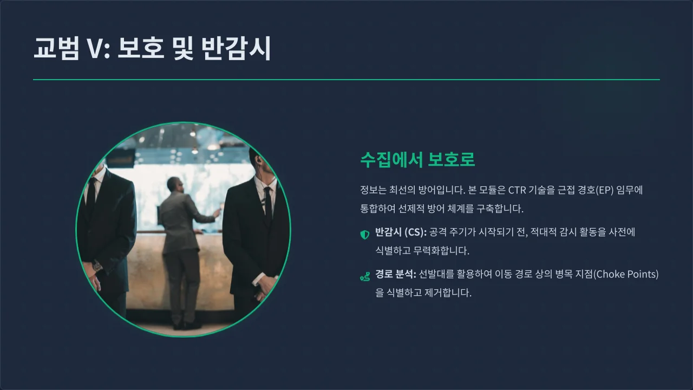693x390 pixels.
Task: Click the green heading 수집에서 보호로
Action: (417, 160)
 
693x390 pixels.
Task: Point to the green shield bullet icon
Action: (365, 235)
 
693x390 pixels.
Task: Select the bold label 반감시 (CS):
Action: (401, 232)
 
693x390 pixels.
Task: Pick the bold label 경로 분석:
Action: (395, 274)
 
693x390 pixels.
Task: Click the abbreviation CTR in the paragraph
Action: (518, 190)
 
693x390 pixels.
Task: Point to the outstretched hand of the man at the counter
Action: (217, 212)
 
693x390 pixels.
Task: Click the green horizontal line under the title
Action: (346, 80)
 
